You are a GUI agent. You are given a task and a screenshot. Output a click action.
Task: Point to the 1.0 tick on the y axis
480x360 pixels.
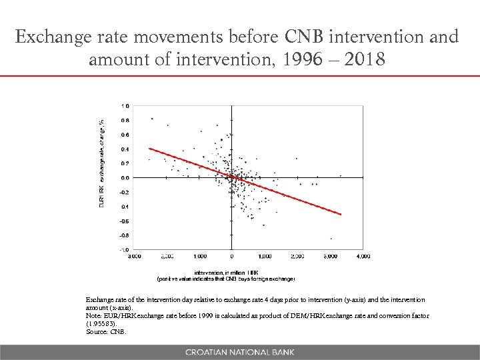125,106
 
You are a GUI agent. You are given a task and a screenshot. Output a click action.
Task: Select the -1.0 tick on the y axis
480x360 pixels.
125,249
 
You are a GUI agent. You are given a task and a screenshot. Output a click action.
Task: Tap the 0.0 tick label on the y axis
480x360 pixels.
125,178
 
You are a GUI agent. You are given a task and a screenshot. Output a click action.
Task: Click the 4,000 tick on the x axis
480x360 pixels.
363,256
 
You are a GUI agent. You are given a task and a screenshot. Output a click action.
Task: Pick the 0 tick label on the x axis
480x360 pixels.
232,256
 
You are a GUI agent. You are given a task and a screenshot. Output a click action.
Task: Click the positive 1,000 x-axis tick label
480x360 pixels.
265,256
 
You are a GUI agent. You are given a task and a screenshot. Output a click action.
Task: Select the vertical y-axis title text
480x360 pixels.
101,163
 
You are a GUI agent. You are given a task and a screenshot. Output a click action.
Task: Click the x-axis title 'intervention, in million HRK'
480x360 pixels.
227,272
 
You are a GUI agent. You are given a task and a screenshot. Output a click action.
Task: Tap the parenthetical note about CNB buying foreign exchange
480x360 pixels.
225,279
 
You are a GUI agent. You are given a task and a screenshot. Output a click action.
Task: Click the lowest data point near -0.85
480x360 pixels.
331,239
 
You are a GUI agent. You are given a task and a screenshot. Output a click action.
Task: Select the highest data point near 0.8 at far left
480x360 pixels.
152,119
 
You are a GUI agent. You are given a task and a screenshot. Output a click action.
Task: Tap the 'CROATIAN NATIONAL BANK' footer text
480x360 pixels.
239,352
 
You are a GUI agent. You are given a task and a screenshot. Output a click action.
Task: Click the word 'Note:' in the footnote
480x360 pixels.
93,315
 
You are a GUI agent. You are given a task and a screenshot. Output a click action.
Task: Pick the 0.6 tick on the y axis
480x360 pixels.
125,135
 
